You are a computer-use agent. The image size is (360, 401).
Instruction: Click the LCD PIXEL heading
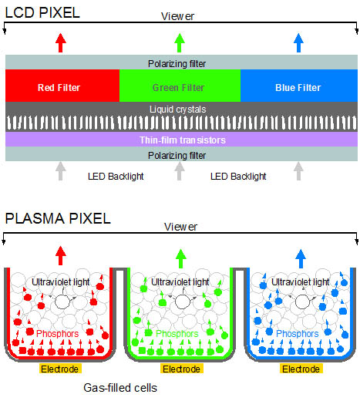click(x=42, y=12)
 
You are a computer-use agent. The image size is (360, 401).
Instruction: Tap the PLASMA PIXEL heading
click(x=58, y=219)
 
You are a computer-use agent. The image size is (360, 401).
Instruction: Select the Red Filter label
click(x=59, y=88)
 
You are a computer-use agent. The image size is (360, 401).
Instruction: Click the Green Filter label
click(x=179, y=88)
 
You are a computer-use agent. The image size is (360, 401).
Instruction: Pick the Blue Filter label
click(x=298, y=88)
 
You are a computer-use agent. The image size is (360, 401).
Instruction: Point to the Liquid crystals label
click(x=178, y=110)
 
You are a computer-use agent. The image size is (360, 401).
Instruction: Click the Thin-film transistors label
click(x=183, y=140)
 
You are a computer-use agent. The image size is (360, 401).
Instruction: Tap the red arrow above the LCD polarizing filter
click(x=61, y=43)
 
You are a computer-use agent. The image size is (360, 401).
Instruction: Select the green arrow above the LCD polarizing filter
click(x=180, y=43)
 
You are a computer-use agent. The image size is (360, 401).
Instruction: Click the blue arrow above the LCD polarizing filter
click(x=298, y=43)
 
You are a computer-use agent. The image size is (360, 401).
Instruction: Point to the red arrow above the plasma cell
click(x=61, y=255)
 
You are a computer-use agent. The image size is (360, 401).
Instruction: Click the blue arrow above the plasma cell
click(x=301, y=258)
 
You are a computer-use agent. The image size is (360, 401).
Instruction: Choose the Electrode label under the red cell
click(x=60, y=369)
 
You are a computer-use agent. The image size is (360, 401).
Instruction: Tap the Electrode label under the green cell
click(x=182, y=369)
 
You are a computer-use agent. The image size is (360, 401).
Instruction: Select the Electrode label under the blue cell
click(x=301, y=369)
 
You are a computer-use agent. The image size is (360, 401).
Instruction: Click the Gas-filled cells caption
click(x=120, y=388)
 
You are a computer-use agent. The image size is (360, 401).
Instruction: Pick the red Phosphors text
click(x=58, y=334)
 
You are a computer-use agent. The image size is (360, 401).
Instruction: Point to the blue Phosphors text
click(x=298, y=334)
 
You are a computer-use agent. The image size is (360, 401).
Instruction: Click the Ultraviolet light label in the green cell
click(x=180, y=282)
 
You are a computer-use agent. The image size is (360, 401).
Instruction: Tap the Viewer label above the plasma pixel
click(x=180, y=227)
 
